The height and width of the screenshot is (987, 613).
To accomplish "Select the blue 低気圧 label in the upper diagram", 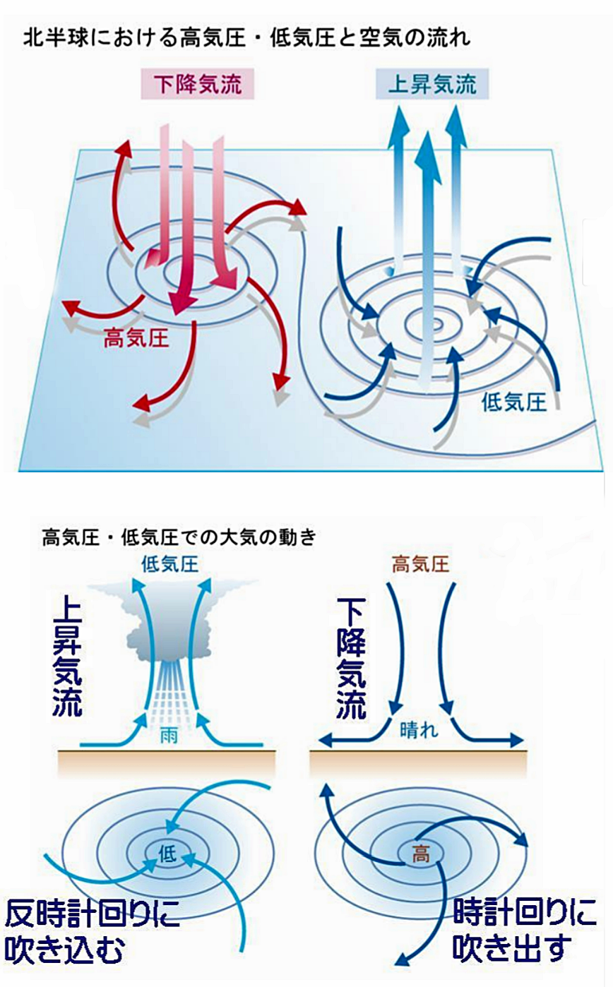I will [x=514, y=402].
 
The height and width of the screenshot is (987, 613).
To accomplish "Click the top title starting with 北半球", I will [x=247, y=36].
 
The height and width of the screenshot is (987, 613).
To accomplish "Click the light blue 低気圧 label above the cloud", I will [x=170, y=564].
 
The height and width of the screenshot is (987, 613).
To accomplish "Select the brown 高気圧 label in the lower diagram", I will [x=419, y=564].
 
